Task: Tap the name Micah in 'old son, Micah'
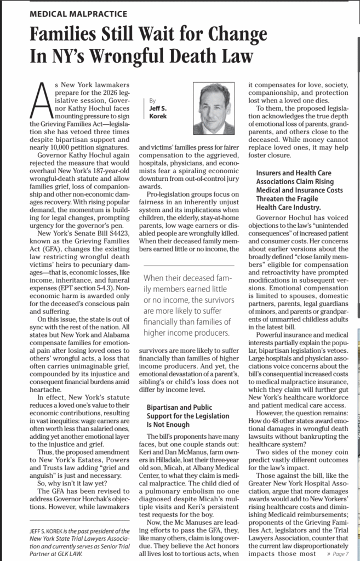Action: [187, 482]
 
